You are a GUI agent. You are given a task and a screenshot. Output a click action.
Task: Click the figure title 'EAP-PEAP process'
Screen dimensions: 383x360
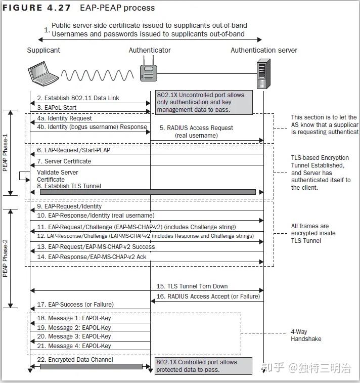click(x=117, y=8)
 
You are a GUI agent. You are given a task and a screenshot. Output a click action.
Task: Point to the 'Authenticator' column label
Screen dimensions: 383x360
click(x=150, y=50)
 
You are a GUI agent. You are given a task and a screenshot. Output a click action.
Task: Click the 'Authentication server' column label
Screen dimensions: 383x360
click(x=264, y=50)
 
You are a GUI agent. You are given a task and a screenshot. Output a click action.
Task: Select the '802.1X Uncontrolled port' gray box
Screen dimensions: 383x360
click(x=203, y=102)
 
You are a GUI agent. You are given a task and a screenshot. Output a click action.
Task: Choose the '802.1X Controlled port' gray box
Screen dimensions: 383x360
click(x=203, y=366)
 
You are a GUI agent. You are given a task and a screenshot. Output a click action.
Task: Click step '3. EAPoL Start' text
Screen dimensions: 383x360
click(x=57, y=107)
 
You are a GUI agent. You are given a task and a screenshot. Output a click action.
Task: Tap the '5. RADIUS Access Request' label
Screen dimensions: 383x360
click(x=196, y=128)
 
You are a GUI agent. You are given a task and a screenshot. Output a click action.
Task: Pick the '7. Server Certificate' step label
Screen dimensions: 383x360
click(x=64, y=161)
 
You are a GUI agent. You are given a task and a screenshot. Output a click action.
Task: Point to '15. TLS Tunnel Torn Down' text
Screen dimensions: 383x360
click(x=192, y=286)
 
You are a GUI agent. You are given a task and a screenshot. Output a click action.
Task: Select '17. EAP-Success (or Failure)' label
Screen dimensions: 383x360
click(x=75, y=305)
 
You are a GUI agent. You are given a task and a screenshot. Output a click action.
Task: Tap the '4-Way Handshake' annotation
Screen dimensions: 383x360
click(x=306, y=335)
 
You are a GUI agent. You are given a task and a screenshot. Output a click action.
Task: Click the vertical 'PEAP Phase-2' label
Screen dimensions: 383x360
click(x=5, y=258)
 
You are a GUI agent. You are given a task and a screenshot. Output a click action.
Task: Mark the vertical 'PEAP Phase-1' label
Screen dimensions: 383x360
click(x=5, y=152)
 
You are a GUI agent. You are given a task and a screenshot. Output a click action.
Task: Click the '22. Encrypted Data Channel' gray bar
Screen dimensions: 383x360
click(x=91, y=366)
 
